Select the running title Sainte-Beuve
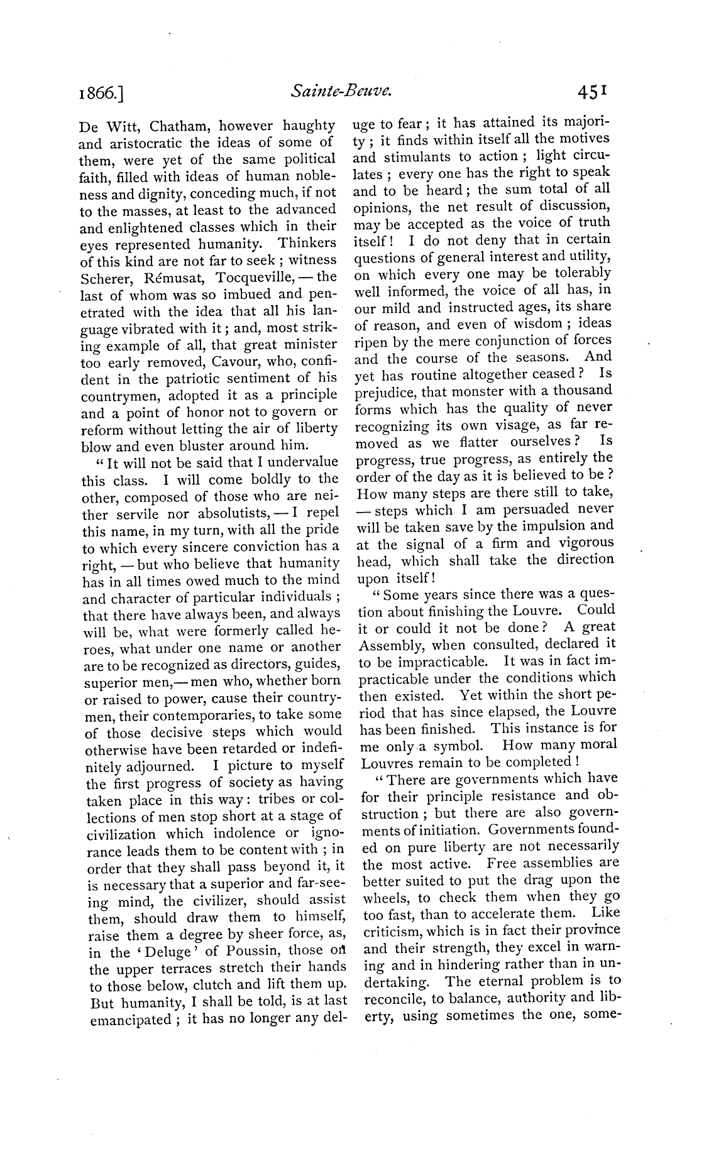[x=341, y=92]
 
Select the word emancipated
[x=129, y=1020]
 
